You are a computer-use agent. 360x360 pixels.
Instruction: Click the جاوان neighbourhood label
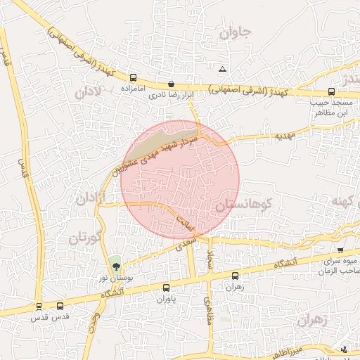[235, 32]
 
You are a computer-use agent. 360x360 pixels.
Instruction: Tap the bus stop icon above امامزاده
[132, 77]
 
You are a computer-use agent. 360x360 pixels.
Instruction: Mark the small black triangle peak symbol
[223, 69]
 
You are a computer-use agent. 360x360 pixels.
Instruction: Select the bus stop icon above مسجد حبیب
[331, 91]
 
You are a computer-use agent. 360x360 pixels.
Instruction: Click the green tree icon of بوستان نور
[115, 266]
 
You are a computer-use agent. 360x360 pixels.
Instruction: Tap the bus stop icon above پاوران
[166, 287]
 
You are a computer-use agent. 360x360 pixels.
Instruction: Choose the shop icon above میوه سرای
[340, 250]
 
